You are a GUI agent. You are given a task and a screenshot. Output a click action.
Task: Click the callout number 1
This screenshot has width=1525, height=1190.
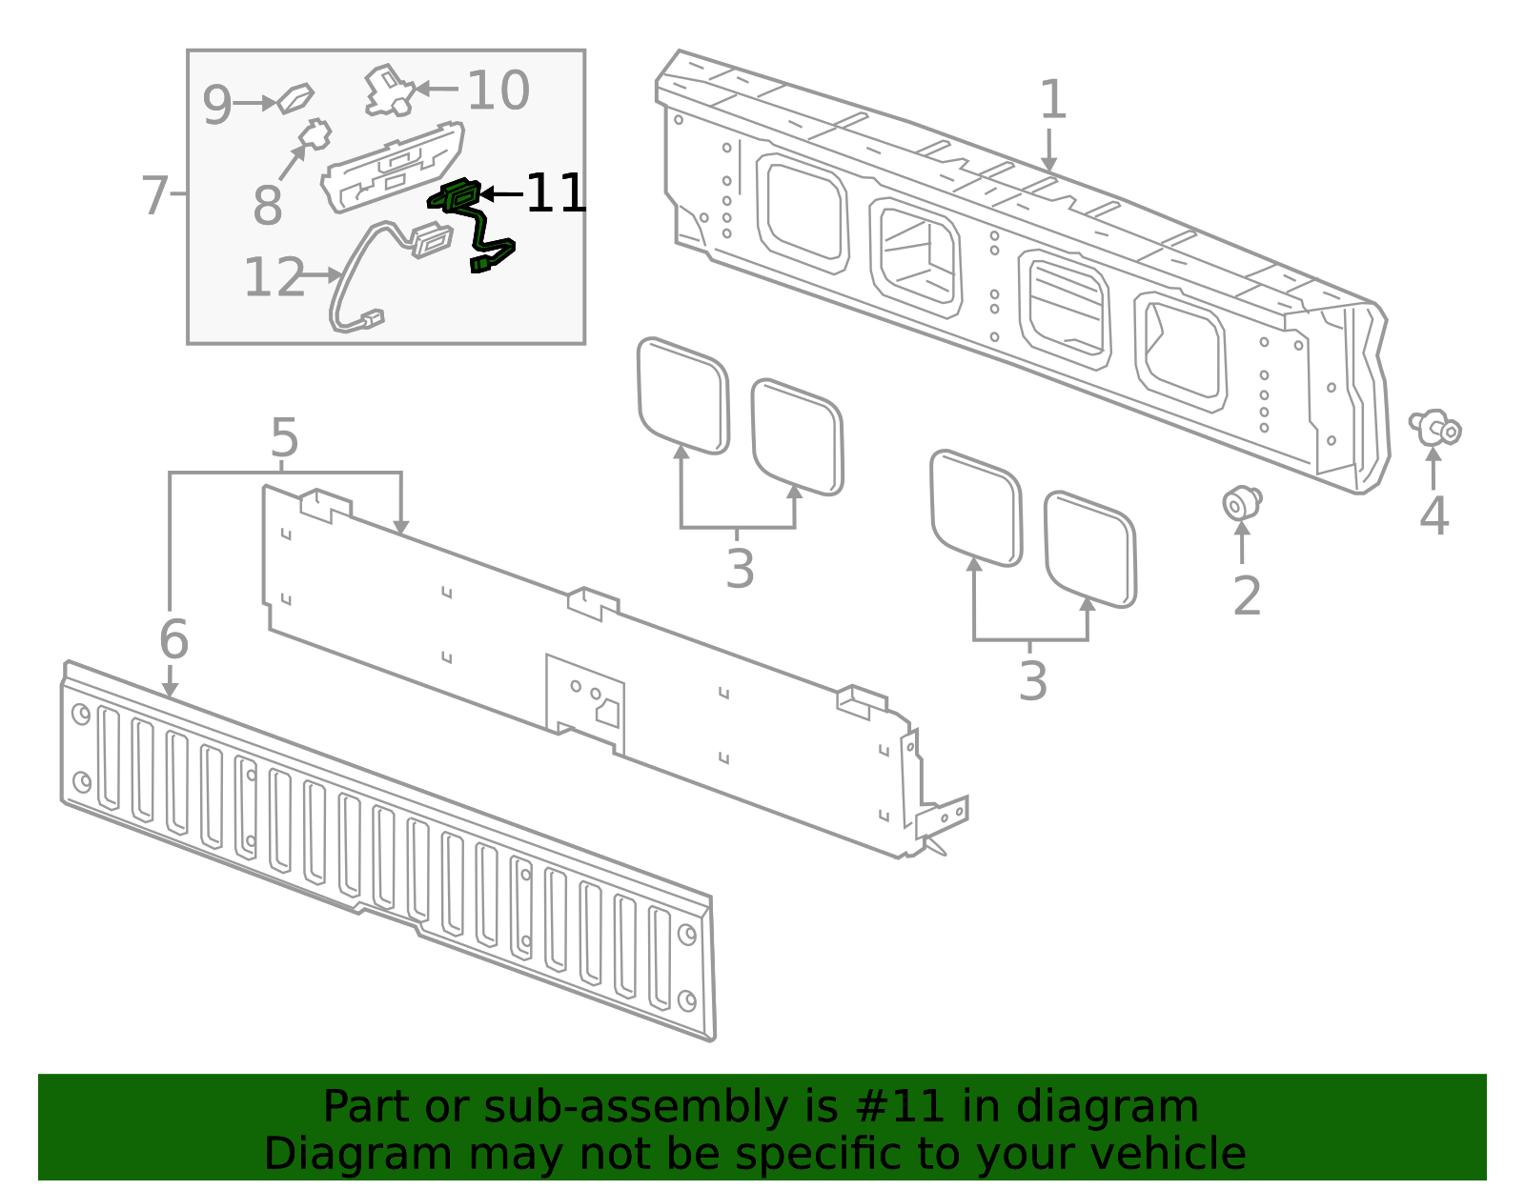tap(1051, 100)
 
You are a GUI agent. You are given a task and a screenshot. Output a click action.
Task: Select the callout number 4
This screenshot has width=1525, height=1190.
tap(1433, 515)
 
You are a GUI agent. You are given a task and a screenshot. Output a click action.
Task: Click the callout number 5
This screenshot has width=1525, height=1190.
tap(284, 438)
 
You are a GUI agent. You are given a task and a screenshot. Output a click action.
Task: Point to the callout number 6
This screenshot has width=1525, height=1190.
tap(173, 638)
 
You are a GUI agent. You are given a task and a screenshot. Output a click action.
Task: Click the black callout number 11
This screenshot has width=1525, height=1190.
tap(557, 193)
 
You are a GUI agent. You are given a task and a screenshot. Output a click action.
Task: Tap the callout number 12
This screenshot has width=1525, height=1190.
tap(274, 277)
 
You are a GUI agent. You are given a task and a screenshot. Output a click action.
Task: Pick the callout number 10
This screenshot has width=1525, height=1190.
tap(498, 91)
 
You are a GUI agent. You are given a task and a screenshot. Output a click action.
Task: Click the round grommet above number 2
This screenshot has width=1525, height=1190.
tap(1241, 501)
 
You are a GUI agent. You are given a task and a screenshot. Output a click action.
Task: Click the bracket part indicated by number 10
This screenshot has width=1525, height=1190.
tap(388, 90)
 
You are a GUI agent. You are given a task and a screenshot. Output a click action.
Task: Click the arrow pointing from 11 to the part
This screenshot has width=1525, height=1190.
tap(501, 194)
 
